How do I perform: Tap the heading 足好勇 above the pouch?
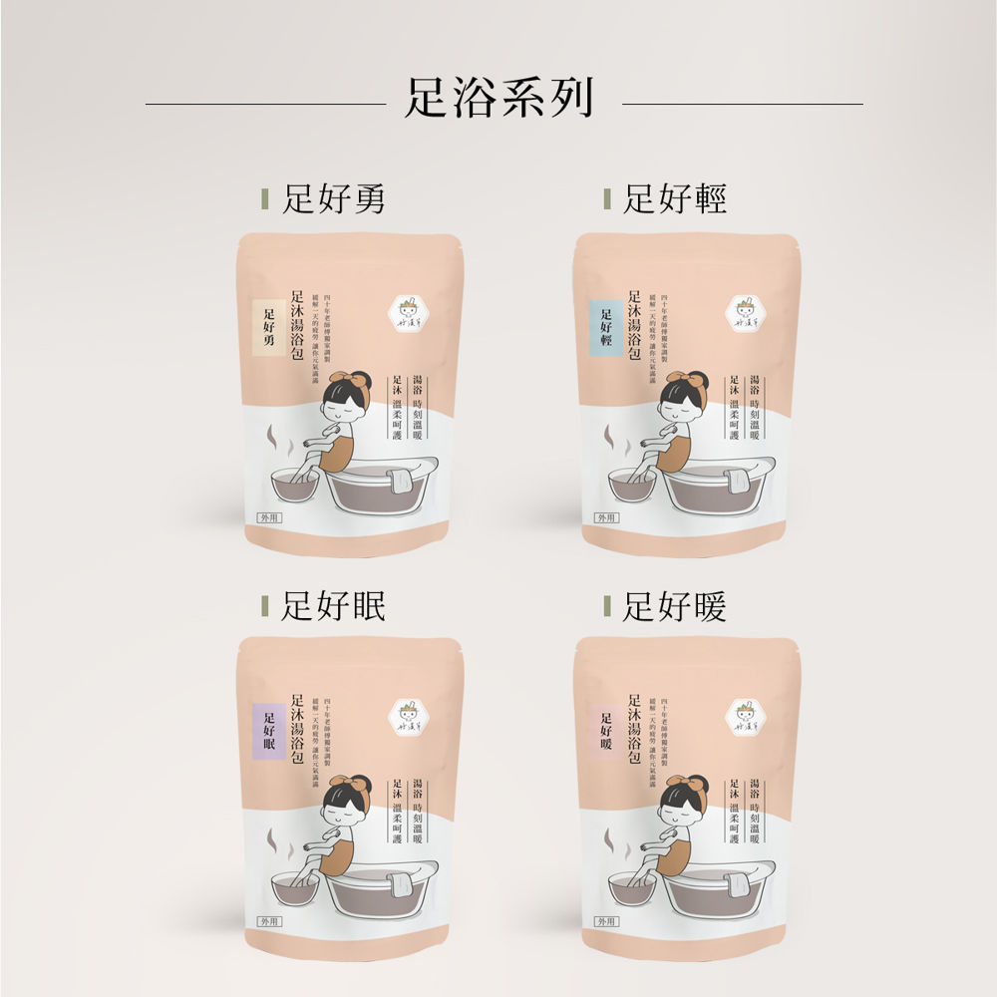point(333,200)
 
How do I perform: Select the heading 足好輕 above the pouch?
point(674,200)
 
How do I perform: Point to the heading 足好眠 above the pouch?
point(333,605)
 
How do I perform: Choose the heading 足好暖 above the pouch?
point(674,605)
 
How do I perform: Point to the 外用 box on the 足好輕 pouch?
point(606,517)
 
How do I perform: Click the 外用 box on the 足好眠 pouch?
point(270,921)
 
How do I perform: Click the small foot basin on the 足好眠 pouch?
point(296,886)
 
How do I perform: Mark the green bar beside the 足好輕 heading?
point(606,200)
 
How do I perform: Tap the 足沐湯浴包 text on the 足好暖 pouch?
point(634,729)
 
